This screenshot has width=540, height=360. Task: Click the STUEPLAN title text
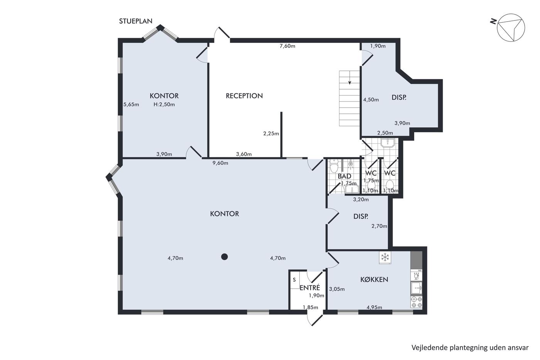pos(136,21)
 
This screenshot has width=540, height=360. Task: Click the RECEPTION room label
pos(244,96)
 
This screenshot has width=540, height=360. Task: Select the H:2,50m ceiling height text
pos(164,105)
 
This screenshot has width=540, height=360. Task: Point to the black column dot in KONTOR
pos(224,257)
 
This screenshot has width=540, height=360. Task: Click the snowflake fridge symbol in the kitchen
pos(385,257)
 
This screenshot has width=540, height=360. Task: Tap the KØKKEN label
pos(374,279)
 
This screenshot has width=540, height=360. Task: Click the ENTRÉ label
pos(310,287)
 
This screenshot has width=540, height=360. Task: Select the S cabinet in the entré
pos(295,280)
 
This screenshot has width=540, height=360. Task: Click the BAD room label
pos(344,176)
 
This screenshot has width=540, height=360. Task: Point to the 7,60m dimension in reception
pos(287,46)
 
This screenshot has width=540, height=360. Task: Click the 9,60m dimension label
pos(220,163)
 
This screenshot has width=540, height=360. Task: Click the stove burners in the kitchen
pos(417,302)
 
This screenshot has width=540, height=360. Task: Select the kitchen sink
pos(417,288)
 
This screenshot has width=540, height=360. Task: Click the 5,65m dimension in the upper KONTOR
pos(131,105)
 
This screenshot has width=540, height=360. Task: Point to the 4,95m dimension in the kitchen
pos(375,307)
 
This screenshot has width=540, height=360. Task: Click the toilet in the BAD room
pos(334,166)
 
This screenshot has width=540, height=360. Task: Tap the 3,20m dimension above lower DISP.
pos(361,199)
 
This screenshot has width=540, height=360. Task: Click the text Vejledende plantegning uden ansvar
pos(470,348)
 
